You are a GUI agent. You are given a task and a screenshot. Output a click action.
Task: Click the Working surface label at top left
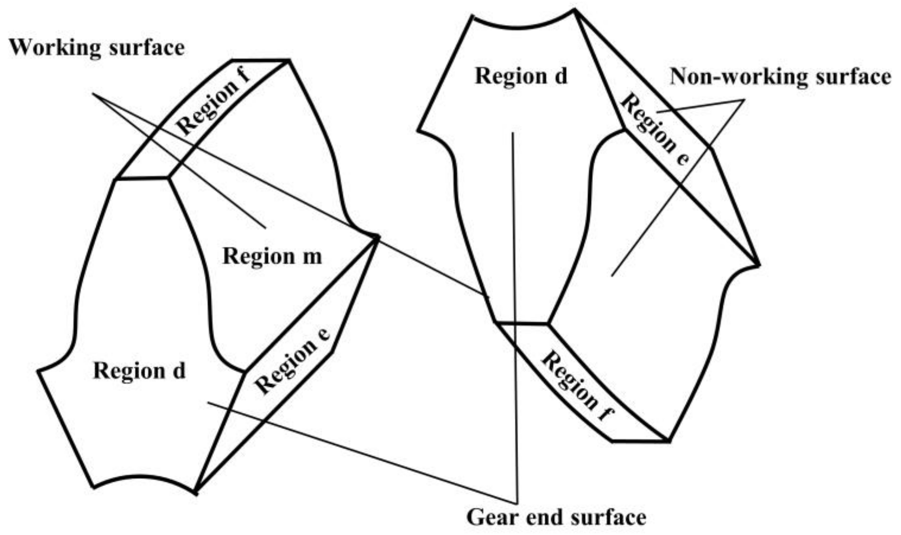[97, 48]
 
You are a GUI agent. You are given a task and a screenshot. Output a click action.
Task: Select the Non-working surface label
[780, 77]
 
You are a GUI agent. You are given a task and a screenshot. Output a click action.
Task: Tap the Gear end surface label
[556, 517]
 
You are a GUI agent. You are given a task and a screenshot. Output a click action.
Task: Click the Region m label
[273, 256]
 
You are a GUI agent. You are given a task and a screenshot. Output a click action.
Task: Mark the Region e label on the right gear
[655, 129]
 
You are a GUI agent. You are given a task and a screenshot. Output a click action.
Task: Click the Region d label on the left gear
[139, 371]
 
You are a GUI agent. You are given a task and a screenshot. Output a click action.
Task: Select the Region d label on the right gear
[521, 76]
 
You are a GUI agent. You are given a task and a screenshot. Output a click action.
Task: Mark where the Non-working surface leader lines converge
[744, 100]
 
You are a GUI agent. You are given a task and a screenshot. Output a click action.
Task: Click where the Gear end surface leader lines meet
[517, 503]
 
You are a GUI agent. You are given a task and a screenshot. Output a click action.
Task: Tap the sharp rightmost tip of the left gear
[379, 237]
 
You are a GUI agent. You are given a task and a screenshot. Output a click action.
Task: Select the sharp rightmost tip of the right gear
[759, 265]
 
